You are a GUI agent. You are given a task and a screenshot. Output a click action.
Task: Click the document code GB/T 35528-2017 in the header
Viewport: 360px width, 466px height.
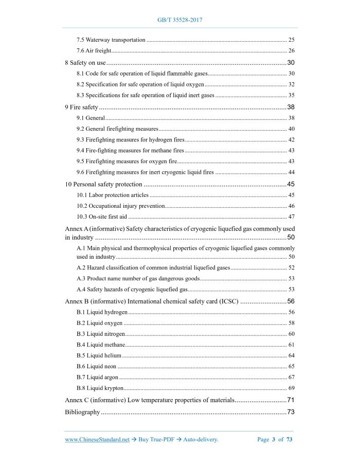click(x=180, y=20)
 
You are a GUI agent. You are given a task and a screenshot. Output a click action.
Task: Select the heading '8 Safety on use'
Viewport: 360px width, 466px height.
click(x=85, y=62)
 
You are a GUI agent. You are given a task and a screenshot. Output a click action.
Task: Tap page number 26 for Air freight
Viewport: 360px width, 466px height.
click(x=291, y=50)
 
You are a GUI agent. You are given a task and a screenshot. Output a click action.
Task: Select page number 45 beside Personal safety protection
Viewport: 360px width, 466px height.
click(x=291, y=184)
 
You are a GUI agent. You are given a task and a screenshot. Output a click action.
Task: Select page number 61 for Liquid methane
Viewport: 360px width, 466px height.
click(x=291, y=345)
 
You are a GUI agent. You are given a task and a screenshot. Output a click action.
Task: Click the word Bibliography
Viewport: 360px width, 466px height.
click(x=82, y=412)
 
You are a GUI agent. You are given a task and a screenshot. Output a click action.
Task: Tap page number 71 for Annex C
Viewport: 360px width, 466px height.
click(x=291, y=400)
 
